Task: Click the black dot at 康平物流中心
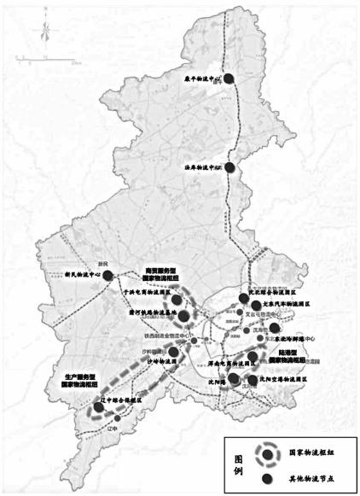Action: (x=228, y=79)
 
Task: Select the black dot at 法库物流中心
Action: (x=229, y=166)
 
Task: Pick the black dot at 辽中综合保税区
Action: (x=98, y=407)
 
